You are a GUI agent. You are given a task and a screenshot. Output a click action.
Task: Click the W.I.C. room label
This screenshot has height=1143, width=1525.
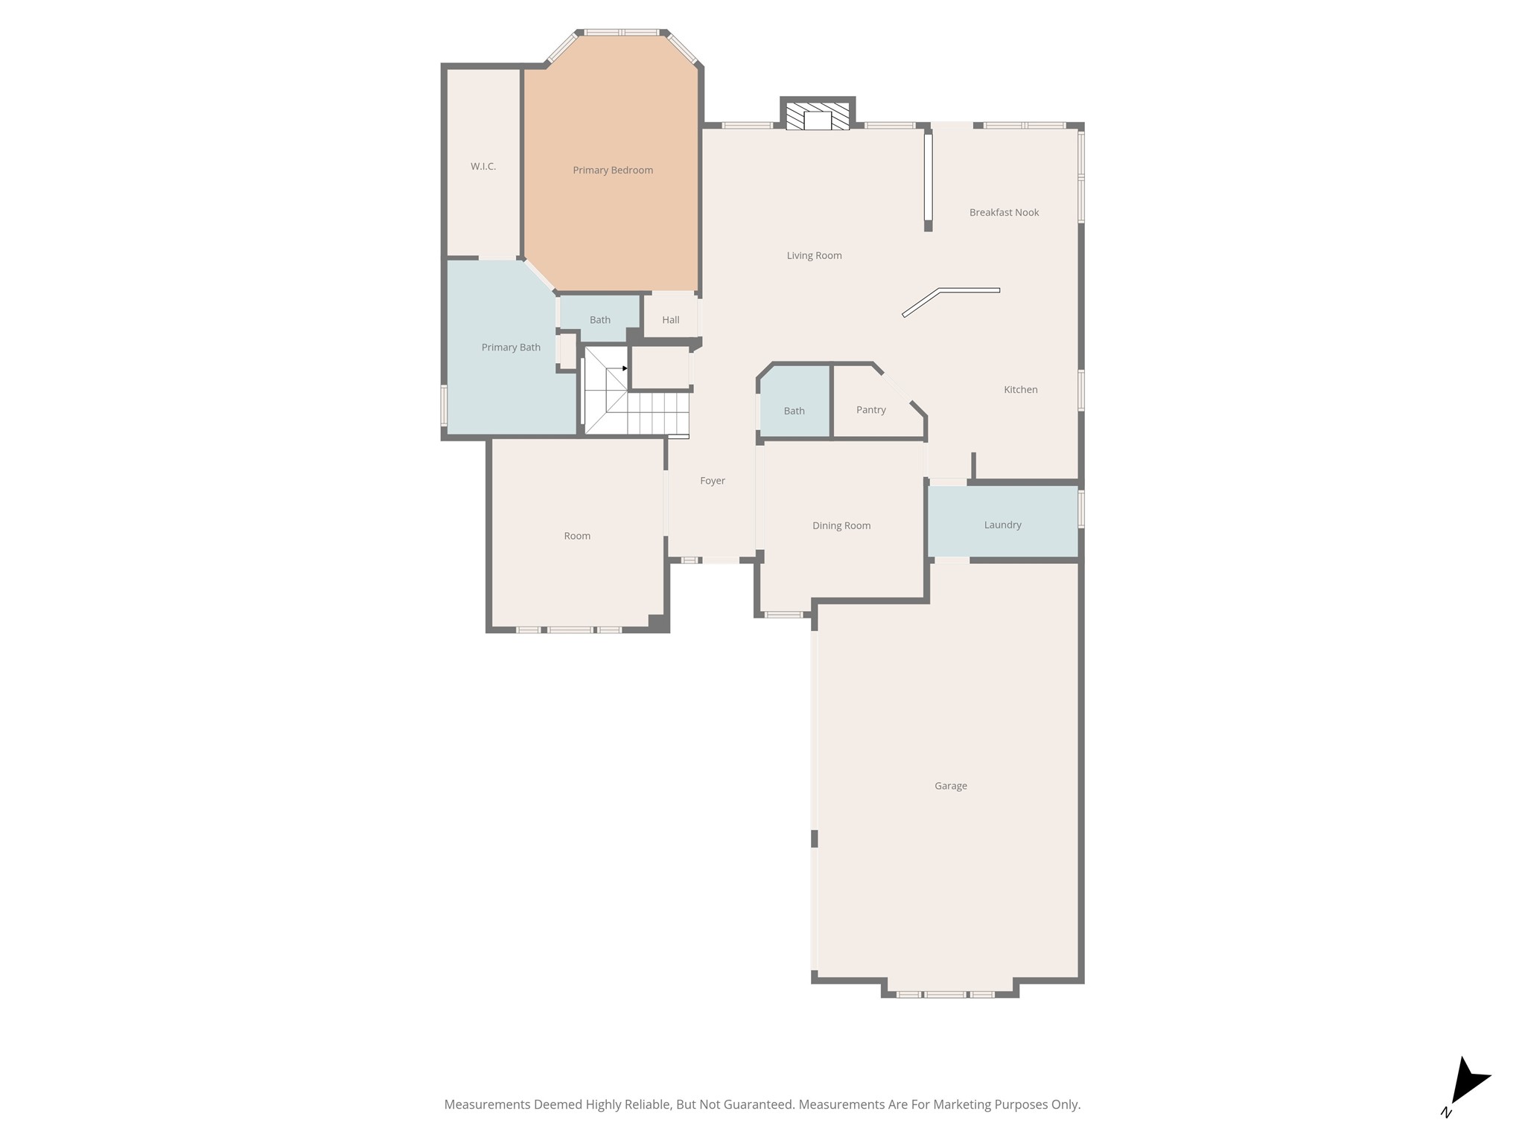click(483, 167)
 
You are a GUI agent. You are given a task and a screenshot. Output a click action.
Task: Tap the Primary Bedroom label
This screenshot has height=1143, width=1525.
click(612, 170)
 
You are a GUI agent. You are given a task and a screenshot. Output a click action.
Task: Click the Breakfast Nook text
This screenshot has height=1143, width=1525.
click(1004, 213)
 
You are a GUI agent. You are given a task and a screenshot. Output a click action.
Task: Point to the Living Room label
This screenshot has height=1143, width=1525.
click(814, 256)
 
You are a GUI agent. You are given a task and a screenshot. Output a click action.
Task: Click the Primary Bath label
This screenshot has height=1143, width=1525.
click(511, 348)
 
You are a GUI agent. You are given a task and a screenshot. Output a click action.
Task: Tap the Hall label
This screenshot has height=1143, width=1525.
click(670, 320)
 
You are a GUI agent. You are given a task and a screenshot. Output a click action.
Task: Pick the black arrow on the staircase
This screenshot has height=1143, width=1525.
click(625, 368)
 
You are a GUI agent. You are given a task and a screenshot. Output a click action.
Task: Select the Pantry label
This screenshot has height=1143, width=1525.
click(870, 410)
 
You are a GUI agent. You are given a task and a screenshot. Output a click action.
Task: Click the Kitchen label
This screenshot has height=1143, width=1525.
click(1020, 390)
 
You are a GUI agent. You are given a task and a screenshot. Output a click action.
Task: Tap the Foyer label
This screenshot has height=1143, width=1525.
click(712, 481)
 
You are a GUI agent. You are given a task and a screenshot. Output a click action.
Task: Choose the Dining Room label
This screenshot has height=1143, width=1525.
click(841, 526)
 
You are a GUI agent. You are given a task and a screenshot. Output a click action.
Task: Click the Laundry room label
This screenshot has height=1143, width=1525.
click(1002, 525)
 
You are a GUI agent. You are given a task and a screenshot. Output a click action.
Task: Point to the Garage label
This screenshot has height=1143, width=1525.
click(950, 786)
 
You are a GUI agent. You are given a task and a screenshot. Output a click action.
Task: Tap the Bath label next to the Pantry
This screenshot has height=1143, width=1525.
click(794, 412)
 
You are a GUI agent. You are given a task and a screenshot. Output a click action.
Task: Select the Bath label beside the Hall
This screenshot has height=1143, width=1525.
click(599, 320)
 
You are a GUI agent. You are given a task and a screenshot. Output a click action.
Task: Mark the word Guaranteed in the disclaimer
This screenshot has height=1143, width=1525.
click(756, 1105)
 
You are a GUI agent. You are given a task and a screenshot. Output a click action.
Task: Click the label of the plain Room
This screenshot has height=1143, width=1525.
click(577, 537)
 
